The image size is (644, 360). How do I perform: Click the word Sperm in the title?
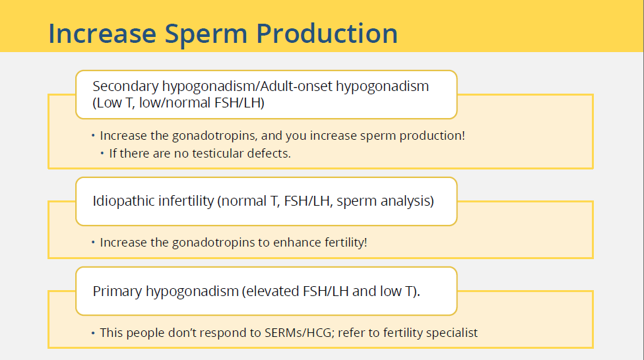(206, 34)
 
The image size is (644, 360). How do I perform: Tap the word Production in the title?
(327, 33)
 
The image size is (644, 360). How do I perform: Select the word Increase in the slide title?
(102, 33)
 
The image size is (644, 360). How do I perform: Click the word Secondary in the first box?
(125, 86)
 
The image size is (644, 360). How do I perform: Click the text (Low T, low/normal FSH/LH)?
(178, 103)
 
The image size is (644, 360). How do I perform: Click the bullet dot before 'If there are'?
(102, 154)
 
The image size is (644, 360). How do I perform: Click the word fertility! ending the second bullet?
(346, 243)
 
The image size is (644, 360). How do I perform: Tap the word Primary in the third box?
(117, 291)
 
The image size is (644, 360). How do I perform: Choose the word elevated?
(271, 291)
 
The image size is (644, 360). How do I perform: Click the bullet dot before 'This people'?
(93, 333)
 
